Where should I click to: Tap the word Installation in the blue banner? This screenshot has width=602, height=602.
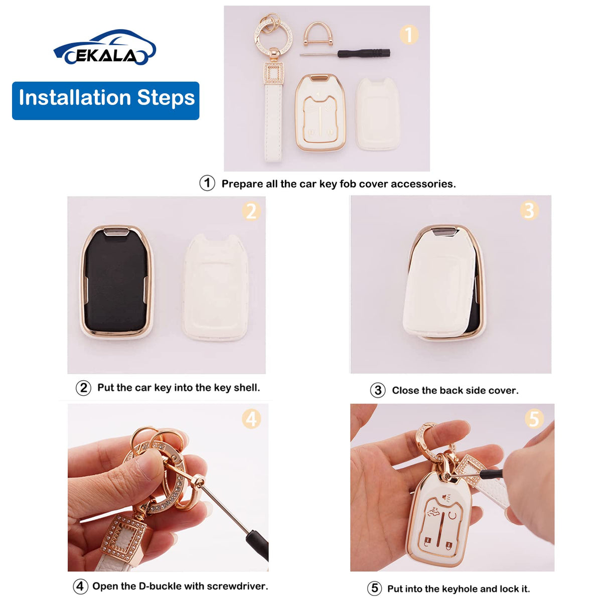(x=74, y=97)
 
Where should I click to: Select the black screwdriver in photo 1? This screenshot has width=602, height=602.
(x=345, y=53)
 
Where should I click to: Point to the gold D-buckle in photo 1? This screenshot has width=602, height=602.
(x=317, y=34)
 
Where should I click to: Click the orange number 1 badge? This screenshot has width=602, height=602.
(x=409, y=35)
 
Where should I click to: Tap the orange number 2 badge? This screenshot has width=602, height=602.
(x=251, y=211)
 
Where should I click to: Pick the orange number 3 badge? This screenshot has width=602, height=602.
(x=529, y=210)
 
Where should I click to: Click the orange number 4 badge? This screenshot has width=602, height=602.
(x=251, y=419)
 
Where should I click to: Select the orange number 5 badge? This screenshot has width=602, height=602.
(x=534, y=418)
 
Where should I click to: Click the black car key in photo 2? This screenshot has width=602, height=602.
(x=116, y=280)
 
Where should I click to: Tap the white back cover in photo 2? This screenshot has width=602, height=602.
(x=216, y=287)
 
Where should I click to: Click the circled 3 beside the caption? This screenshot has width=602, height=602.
(x=378, y=390)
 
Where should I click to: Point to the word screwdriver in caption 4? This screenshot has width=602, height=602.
(x=237, y=586)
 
